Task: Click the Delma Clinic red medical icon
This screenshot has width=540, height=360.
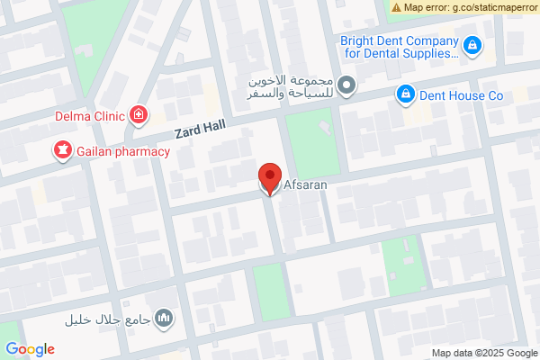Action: pos(139,114)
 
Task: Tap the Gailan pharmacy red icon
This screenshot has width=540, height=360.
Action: pos(63,151)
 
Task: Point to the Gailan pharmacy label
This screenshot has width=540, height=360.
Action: pos(123,151)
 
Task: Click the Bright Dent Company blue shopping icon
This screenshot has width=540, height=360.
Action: pos(472,44)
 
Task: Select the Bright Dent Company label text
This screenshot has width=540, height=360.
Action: pos(399,47)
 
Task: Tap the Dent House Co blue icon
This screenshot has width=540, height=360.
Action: pos(405,93)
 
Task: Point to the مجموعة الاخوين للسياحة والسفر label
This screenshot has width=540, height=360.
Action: pos(293,86)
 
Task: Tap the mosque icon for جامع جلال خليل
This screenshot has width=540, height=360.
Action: pos(164,319)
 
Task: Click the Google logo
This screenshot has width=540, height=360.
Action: pos(30,349)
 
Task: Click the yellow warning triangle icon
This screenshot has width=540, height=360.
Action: pos(396,7)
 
